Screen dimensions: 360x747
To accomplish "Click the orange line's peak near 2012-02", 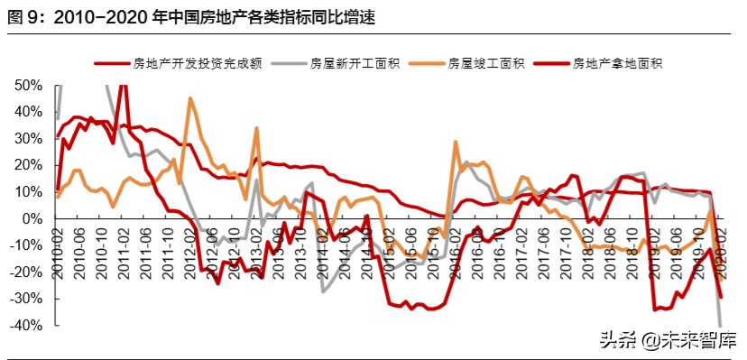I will (x=190, y=98).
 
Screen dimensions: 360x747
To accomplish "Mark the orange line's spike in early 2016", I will (x=456, y=142).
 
